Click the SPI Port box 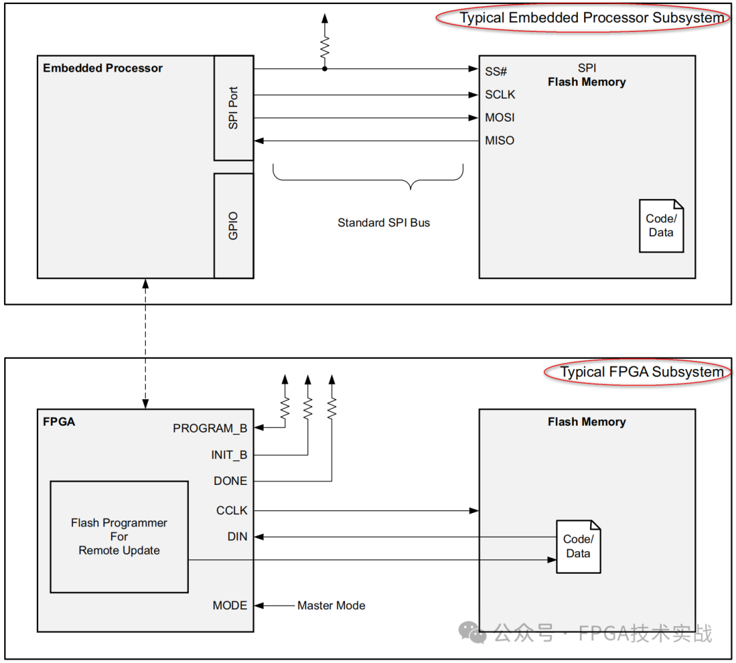tap(234, 108)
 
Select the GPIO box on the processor tap(234, 226)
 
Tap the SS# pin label tap(496, 72)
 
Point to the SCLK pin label tap(500, 94)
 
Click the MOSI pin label tap(500, 117)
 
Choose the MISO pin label tap(500, 141)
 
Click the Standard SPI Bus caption tap(384, 223)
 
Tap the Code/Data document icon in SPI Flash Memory tap(661, 226)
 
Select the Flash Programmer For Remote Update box tap(119, 537)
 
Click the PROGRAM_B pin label tap(210, 428)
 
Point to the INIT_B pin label tap(229, 455)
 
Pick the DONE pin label tap(230, 481)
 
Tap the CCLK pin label tap(232, 510)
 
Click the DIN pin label tap(238, 537)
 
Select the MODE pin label tap(230, 605)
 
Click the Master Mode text tap(331, 605)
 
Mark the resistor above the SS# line tap(325, 47)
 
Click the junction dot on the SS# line tap(325, 69)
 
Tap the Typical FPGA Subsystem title tap(642, 372)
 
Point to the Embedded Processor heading tap(103, 68)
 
